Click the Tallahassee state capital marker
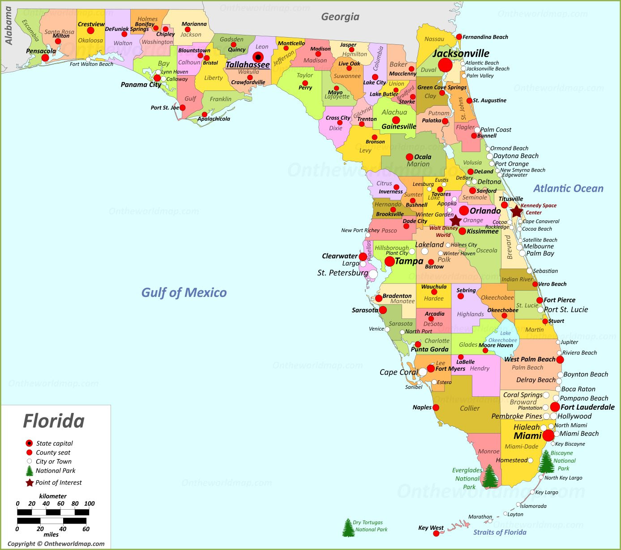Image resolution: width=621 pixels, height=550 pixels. [258, 57]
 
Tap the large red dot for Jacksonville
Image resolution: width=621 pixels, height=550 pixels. [445, 65]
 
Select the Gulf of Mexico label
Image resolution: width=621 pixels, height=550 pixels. [184, 293]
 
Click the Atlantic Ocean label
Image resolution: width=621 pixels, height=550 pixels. [568, 189]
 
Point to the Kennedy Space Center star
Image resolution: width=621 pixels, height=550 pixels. [517, 211]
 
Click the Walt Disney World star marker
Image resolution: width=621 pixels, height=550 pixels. [455, 221]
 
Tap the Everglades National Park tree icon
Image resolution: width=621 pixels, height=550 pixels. [490, 476]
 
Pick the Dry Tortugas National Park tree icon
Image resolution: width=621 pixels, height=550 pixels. [348, 528]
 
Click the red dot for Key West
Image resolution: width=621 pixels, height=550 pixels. [436, 534]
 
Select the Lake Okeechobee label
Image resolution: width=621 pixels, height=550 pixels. [503, 337]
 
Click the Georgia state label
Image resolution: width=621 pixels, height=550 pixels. [340, 17]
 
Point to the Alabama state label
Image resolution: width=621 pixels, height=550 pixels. [9, 26]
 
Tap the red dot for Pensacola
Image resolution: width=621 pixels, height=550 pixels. [45, 58]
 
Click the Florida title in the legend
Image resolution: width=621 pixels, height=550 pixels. [54, 421]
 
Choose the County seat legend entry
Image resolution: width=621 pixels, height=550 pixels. [53, 452]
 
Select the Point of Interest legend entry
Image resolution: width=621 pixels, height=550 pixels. [58, 482]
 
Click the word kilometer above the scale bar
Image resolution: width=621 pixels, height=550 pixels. [53, 496]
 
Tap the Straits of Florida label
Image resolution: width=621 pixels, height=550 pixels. [500, 532]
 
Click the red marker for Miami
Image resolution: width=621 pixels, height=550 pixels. [548, 435]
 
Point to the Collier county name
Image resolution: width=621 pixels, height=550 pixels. [470, 408]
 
